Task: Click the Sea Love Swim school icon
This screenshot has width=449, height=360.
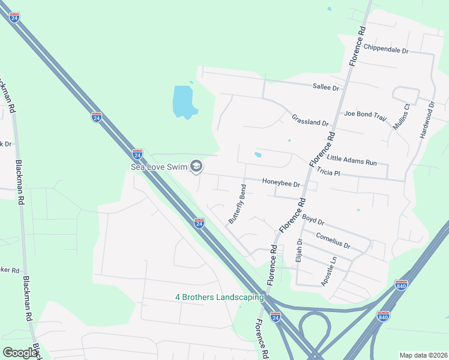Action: [196, 166]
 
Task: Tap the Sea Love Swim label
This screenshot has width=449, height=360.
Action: [158, 166]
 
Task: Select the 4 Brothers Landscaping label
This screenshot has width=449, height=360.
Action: [219, 297]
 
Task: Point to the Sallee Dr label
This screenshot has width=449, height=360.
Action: [326, 88]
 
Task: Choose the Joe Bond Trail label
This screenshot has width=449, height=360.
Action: [365, 114]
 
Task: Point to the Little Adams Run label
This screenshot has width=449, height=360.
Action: [352, 160]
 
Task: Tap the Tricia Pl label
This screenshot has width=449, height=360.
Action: [328, 172]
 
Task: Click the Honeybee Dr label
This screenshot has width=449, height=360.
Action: [280, 182]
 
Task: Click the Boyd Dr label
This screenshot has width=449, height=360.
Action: [313, 220]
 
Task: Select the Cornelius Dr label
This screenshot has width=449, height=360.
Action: [333, 241]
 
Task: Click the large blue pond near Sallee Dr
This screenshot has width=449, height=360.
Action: [184, 101]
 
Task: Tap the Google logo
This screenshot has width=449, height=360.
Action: [20, 353]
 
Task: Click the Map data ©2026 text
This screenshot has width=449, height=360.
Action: [423, 355]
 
